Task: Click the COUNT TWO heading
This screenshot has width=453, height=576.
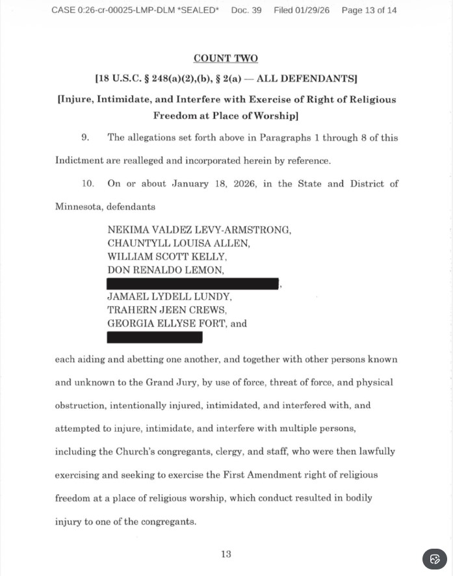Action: click(x=226, y=59)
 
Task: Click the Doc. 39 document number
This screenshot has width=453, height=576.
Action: click(x=246, y=10)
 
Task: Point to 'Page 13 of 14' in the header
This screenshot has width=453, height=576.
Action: click(x=369, y=10)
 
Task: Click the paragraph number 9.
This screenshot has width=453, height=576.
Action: click(x=85, y=137)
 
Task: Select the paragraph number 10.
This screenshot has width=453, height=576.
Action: click(x=88, y=183)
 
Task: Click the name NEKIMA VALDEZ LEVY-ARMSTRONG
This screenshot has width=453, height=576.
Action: click(x=200, y=229)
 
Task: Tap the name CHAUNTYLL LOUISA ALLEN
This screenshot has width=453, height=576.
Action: click(x=179, y=243)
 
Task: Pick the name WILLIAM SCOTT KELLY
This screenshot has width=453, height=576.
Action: click(x=168, y=257)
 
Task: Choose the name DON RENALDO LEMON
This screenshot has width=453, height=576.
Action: click(x=165, y=270)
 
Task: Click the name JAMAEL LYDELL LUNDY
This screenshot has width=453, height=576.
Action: click(x=169, y=296)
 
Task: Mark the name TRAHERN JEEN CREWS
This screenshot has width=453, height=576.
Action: click(x=167, y=310)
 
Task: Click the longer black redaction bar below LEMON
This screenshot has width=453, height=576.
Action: click(x=193, y=283)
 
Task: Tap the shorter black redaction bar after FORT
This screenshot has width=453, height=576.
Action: click(x=155, y=337)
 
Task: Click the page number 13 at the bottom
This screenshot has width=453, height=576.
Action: click(x=226, y=554)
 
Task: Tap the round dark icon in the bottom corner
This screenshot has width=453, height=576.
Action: click(x=435, y=559)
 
